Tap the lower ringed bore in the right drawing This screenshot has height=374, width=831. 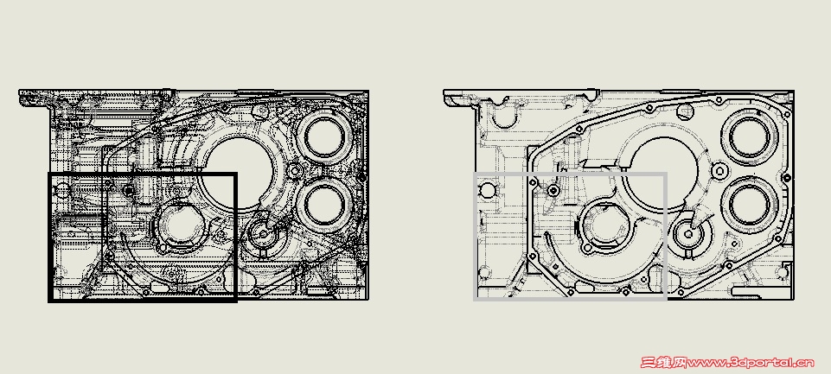(751, 204)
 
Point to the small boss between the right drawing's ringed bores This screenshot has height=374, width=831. (719, 170)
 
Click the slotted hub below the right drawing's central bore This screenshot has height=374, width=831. (688, 233)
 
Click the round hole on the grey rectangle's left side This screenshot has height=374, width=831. (487, 190)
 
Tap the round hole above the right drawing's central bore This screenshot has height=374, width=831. (685, 111)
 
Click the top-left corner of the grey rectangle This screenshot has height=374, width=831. (475, 174)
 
